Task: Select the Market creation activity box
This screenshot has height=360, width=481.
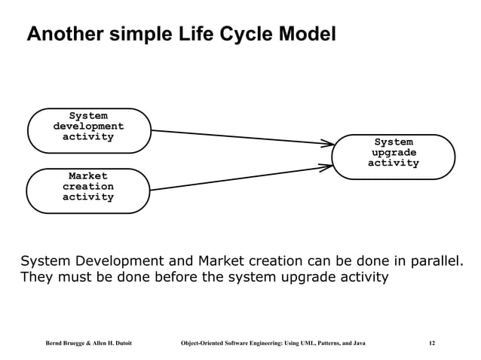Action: click(88, 190)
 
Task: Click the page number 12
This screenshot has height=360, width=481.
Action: click(431, 343)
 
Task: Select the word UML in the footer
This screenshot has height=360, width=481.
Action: click(306, 343)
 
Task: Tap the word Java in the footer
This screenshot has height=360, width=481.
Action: click(357, 343)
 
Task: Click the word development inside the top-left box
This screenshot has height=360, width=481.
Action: click(88, 127)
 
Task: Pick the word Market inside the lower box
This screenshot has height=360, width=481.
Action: click(88, 175)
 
